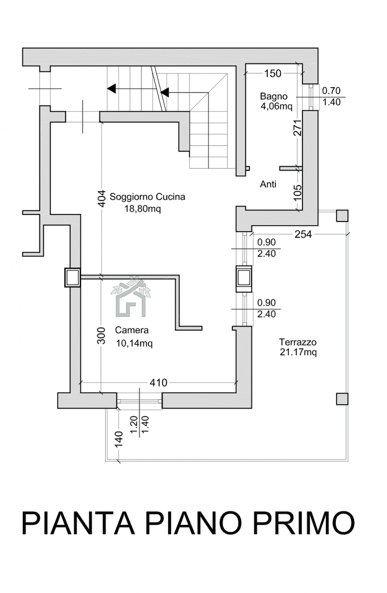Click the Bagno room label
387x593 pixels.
(273, 96)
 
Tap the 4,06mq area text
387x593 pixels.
(276, 107)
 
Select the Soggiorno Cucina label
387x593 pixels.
(147, 197)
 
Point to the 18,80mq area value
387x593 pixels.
(143, 209)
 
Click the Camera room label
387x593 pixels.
(131, 330)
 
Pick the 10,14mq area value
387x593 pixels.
(134, 343)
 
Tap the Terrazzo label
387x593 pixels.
(298, 342)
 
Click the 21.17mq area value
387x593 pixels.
(298, 352)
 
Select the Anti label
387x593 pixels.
(268, 184)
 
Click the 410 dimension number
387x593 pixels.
(158, 383)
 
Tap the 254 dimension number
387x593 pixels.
(303, 234)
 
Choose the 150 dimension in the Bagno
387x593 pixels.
(272, 73)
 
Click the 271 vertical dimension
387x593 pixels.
(298, 128)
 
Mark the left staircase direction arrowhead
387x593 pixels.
(111, 88)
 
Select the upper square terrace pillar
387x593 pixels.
(342, 216)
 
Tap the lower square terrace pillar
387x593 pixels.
(342, 399)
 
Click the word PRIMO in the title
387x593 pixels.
(304, 522)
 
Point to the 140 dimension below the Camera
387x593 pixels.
(119, 439)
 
